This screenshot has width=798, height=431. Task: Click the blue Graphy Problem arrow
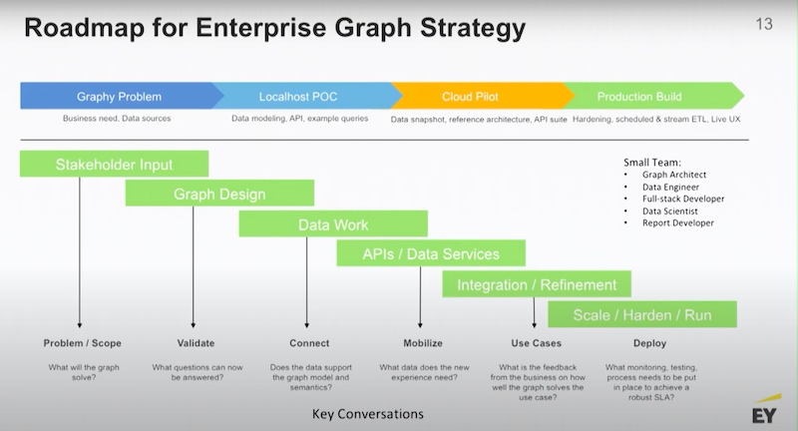(x=120, y=96)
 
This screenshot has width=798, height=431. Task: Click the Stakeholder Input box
(x=114, y=164)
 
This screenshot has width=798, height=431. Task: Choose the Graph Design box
(x=219, y=194)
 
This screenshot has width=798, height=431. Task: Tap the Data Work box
(x=333, y=223)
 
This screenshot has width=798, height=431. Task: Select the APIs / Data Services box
(x=431, y=253)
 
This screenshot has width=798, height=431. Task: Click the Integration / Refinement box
(x=537, y=284)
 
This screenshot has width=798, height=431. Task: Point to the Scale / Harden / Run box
(x=642, y=314)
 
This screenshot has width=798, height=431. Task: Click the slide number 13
(x=764, y=24)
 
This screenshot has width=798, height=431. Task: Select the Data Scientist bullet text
(x=669, y=212)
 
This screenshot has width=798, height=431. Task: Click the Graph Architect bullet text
(x=674, y=175)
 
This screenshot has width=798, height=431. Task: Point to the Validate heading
(x=196, y=343)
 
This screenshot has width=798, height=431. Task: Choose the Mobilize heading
(x=423, y=343)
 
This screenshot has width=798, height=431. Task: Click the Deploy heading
(x=650, y=343)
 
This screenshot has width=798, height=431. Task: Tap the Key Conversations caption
(x=368, y=414)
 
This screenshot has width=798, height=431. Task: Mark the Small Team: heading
(x=652, y=163)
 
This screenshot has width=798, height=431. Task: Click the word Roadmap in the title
(x=85, y=28)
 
